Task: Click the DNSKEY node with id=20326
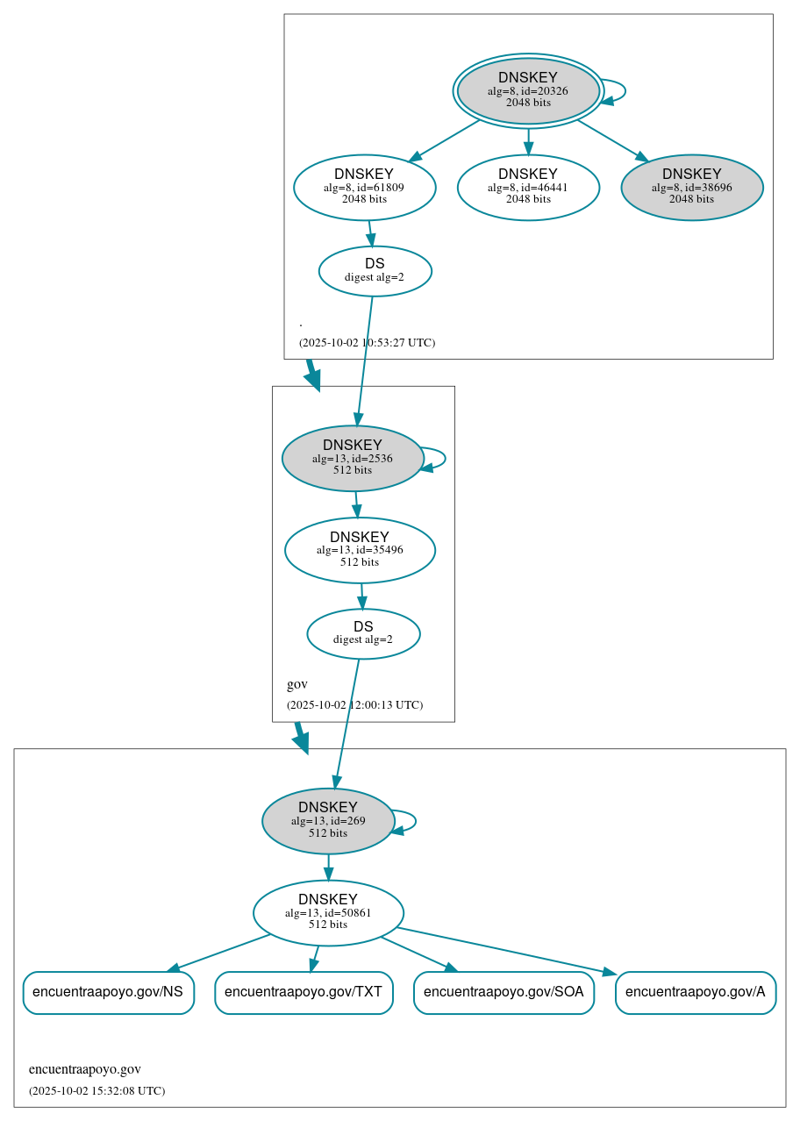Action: pos(528,91)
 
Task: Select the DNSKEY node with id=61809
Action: pos(364,187)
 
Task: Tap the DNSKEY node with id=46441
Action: pos(528,187)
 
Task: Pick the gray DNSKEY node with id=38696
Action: pos(691,187)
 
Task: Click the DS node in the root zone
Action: pos(375,271)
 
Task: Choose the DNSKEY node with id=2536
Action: pos(353,458)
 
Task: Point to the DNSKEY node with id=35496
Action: pos(360,550)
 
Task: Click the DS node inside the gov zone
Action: pos(363,633)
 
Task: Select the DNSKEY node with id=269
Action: pos(328,821)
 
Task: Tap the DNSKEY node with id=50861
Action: pos(328,913)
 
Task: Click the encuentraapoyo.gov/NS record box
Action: pos(108,992)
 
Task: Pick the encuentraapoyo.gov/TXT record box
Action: pos(304,992)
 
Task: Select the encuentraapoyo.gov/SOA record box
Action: pos(504,992)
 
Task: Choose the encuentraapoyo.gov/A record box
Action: pos(696,992)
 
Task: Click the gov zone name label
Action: pos(297,684)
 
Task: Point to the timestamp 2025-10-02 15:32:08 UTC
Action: pos(96,1090)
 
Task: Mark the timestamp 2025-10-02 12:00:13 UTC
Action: pos(354,704)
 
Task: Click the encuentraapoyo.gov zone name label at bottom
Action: pos(85,1069)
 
